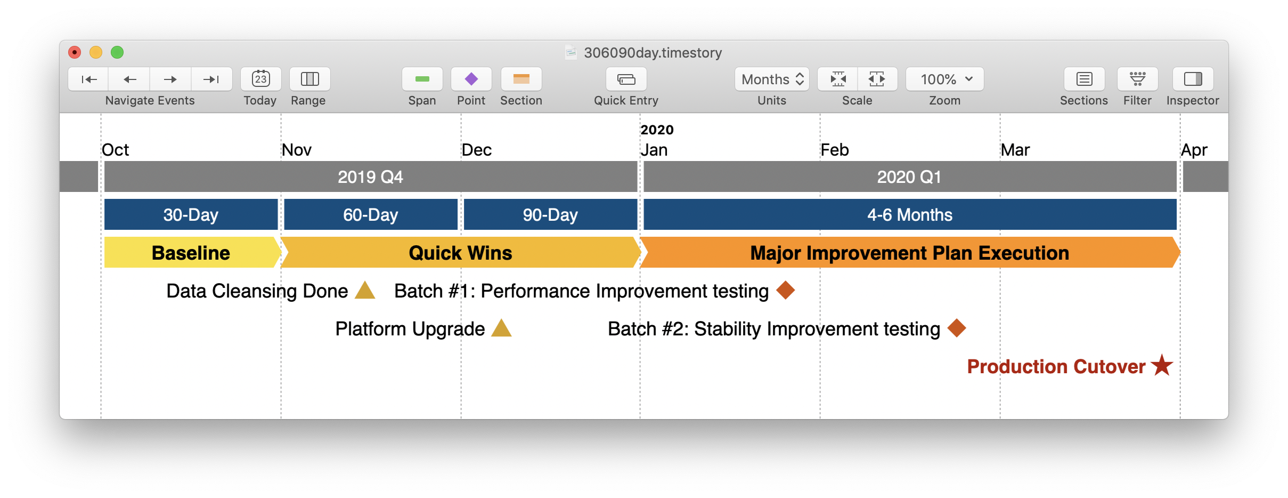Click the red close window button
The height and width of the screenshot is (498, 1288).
click(x=75, y=52)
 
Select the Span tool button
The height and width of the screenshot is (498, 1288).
click(x=422, y=79)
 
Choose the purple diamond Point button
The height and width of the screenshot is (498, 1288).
click(x=471, y=79)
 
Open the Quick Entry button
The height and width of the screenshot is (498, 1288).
click(x=626, y=79)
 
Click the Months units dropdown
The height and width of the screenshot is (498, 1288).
click(x=772, y=79)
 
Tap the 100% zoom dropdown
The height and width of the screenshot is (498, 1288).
click(x=944, y=79)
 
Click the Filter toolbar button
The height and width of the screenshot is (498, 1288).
click(x=1137, y=79)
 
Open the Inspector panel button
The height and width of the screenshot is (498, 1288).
click(x=1193, y=79)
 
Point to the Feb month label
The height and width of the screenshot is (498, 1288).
click(x=834, y=150)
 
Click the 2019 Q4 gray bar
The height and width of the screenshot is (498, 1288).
click(x=371, y=176)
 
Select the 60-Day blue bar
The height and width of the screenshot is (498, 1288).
click(x=371, y=214)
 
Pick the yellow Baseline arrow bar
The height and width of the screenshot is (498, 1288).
click(x=191, y=253)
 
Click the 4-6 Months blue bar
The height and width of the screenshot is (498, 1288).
click(x=910, y=214)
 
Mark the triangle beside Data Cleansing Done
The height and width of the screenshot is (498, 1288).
click(x=365, y=291)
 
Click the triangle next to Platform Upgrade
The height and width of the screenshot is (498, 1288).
click(x=501, y=329)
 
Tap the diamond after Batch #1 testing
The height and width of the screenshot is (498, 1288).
click(x=786, y=291)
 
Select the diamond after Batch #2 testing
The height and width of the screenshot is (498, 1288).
click(x=957, y=328)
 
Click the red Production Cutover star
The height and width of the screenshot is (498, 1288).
click(x=1162, y=366)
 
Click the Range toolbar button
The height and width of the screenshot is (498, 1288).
click(x=309, y=79)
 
